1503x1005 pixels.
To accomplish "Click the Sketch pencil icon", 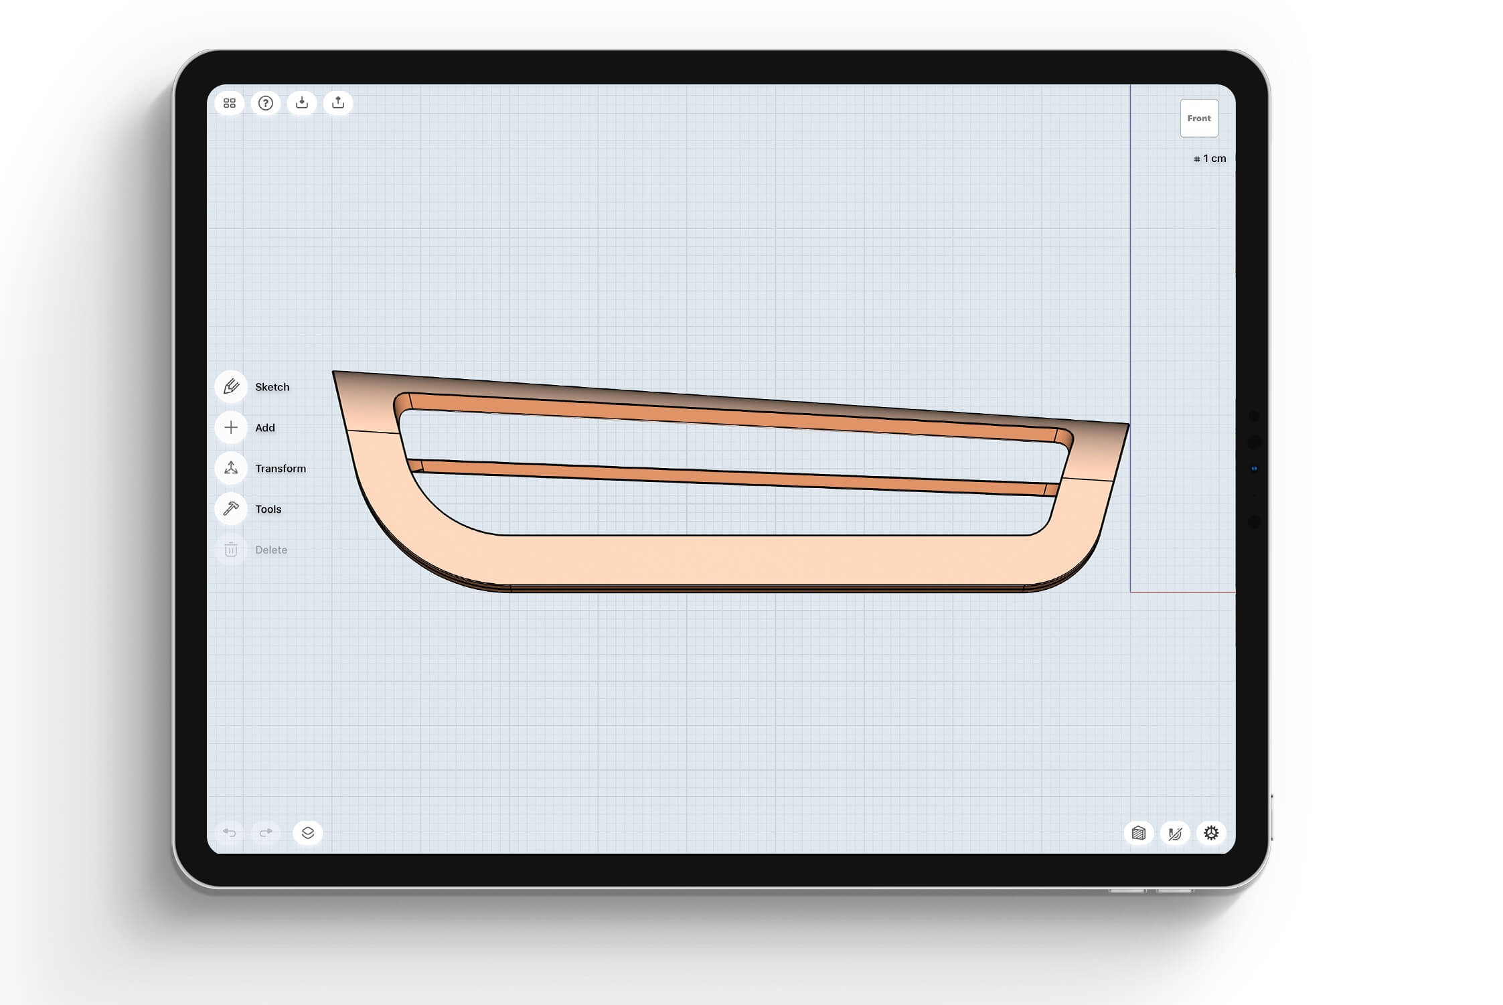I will [231, 387].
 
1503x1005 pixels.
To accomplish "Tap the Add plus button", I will [231, 428].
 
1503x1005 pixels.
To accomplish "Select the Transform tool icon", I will [231, 468].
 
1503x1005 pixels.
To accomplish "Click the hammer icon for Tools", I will [231, 509].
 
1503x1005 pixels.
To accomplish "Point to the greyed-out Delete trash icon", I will [231, 550].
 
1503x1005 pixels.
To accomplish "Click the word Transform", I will [280, 469].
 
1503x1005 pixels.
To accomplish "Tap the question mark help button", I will [266, 103].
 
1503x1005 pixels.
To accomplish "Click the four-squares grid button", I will [230, 103].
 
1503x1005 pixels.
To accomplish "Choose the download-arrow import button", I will [302, 103].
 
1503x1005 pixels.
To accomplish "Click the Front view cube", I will [1198, 119].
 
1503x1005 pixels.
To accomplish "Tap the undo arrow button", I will [230, 833].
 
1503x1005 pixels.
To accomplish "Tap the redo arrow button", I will [266, 833].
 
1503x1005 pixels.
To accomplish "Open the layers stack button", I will [308, 833].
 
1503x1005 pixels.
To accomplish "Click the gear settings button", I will [1211, 833].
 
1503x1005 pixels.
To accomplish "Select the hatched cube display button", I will [1139, 833].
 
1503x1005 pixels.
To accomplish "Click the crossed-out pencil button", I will [1175, 833].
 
